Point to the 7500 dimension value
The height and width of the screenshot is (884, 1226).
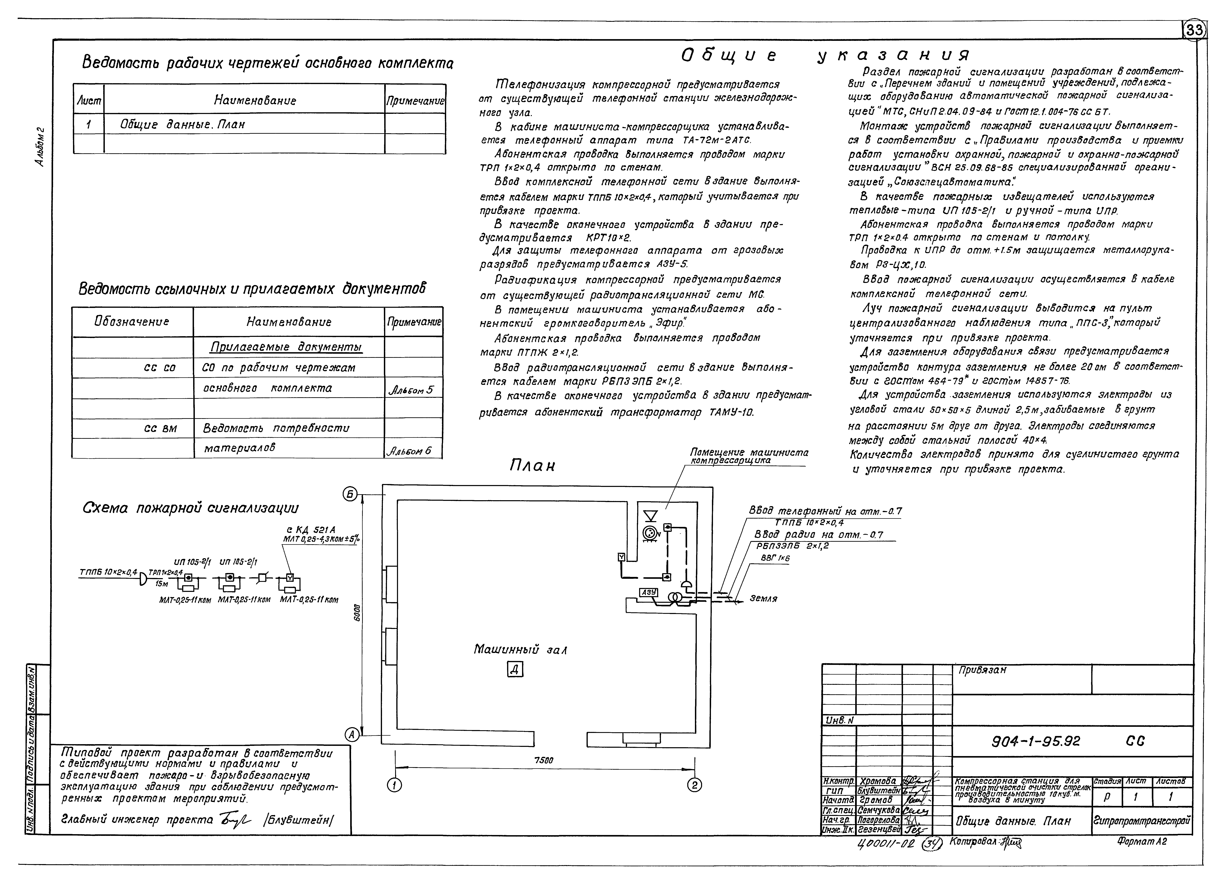pyautogui.click(x=543, y=760)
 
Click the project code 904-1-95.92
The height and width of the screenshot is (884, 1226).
pyautogui.click(x=1035, y=741)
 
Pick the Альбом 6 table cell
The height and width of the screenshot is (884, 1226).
pyautogui.click(x=411, y=450)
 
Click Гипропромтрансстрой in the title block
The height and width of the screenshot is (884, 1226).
pyautogui.click(x=1142, y=821)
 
